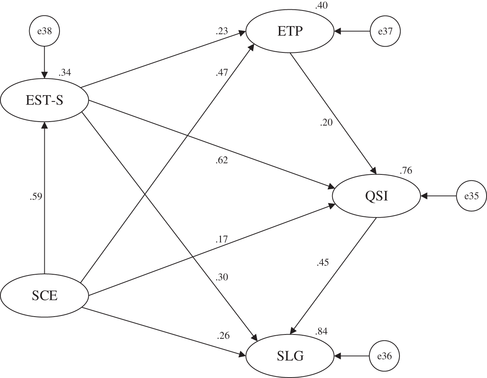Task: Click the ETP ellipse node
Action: [x=290, y=31]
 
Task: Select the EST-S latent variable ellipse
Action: [x=44, y=100]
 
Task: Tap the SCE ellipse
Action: [x=44, y=295]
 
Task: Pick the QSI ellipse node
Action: [x=376, y=196]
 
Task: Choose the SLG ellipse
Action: [x=290, y=356]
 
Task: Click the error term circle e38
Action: [x=44, y=31]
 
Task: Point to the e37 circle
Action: [x=385, y=31]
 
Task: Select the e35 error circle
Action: [x=471, y=196]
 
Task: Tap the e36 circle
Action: [x=385, y=356]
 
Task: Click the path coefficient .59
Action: [x=36, y=196]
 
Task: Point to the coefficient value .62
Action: [x=222, y=160]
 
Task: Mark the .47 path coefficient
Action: [x=222, y=73]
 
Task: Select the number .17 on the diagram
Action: [x=221, y=239]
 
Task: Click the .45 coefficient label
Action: [x=323, y=263]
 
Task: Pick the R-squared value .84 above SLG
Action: [x=321, y=331]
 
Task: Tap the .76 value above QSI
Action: [x=406, y=171]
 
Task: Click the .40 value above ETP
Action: [x=321, y=5]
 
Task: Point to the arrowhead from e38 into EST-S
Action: [x=44, y=75]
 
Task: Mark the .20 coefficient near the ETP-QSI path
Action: [x=326, y=122]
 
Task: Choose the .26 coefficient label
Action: [x=223, y=336]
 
